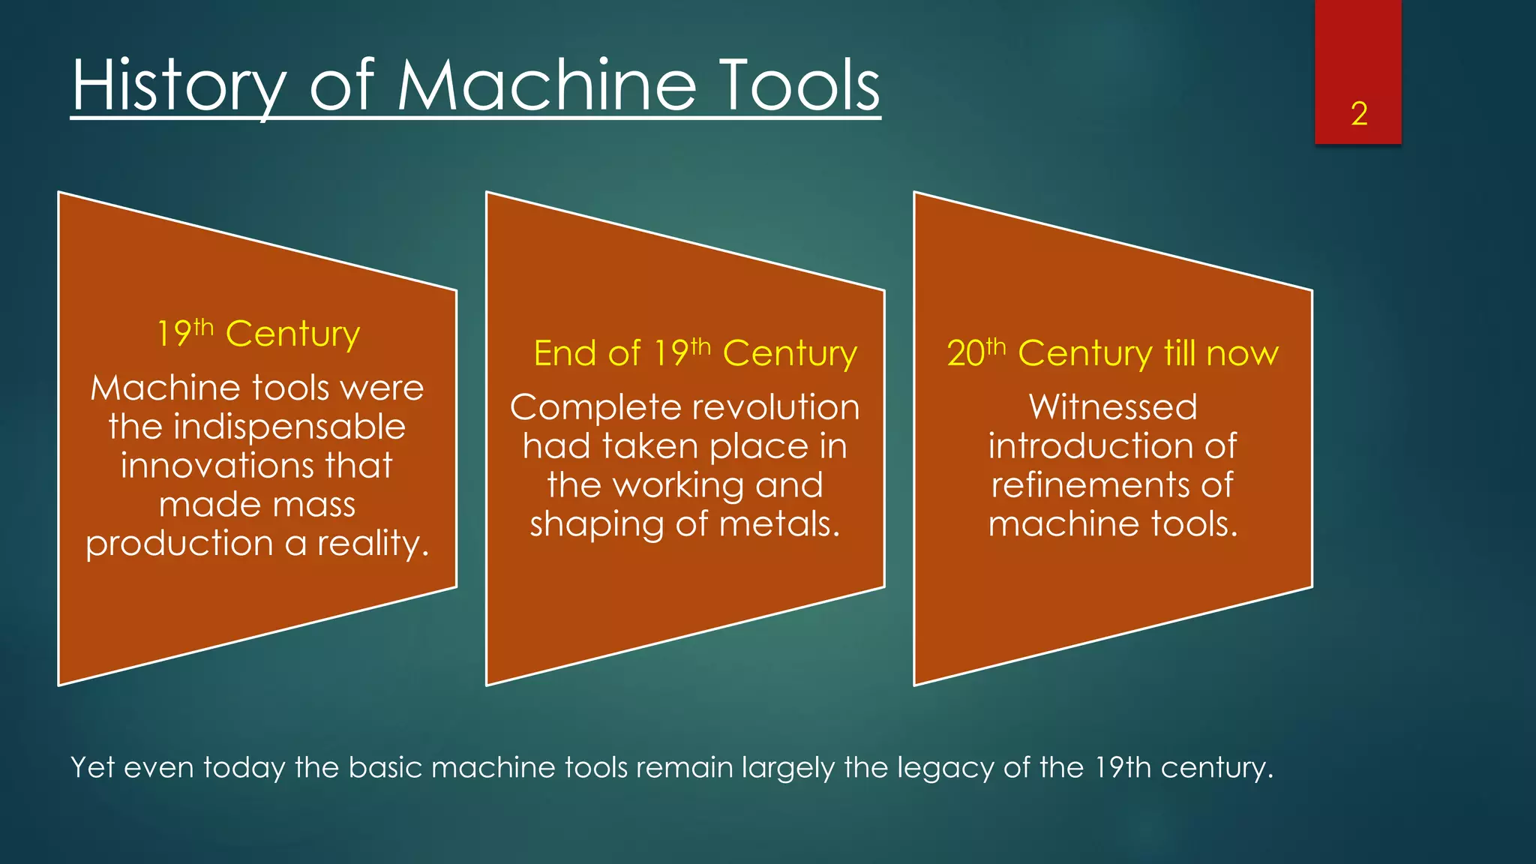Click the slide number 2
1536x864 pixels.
(1359, 114)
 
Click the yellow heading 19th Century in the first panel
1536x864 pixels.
(258, 333)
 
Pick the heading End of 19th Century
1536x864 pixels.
(694, 352)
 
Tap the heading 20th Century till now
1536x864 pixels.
(1112, 352)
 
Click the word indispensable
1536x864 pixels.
(289, 427)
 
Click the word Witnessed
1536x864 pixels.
(1113, 407)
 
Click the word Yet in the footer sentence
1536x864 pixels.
(91, 768)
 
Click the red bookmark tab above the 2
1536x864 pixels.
(1357, 45)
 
